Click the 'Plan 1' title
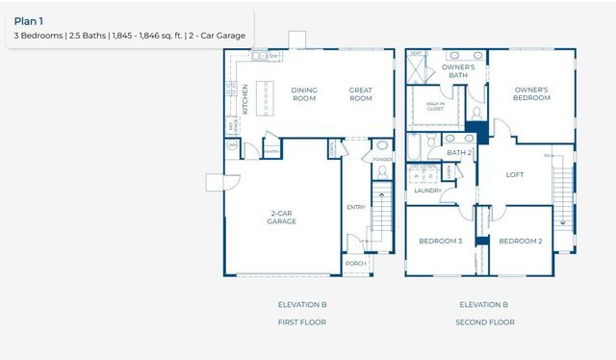pos(29,18)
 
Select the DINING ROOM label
pos(304,93)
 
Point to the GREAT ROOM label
pos(361,93)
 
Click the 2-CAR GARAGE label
pos(281,218)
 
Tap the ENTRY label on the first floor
pos(355,207)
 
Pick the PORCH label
pos(355,263)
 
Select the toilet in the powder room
pos(381,172)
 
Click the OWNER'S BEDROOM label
pos(530,93)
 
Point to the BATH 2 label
pos(458,152)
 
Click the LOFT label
pos(515,175)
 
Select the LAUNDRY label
pos(427,191)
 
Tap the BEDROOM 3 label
pos(440,241)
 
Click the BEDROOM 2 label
pos(521,241)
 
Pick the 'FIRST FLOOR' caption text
pos(303,321)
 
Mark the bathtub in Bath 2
pos(414,147)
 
